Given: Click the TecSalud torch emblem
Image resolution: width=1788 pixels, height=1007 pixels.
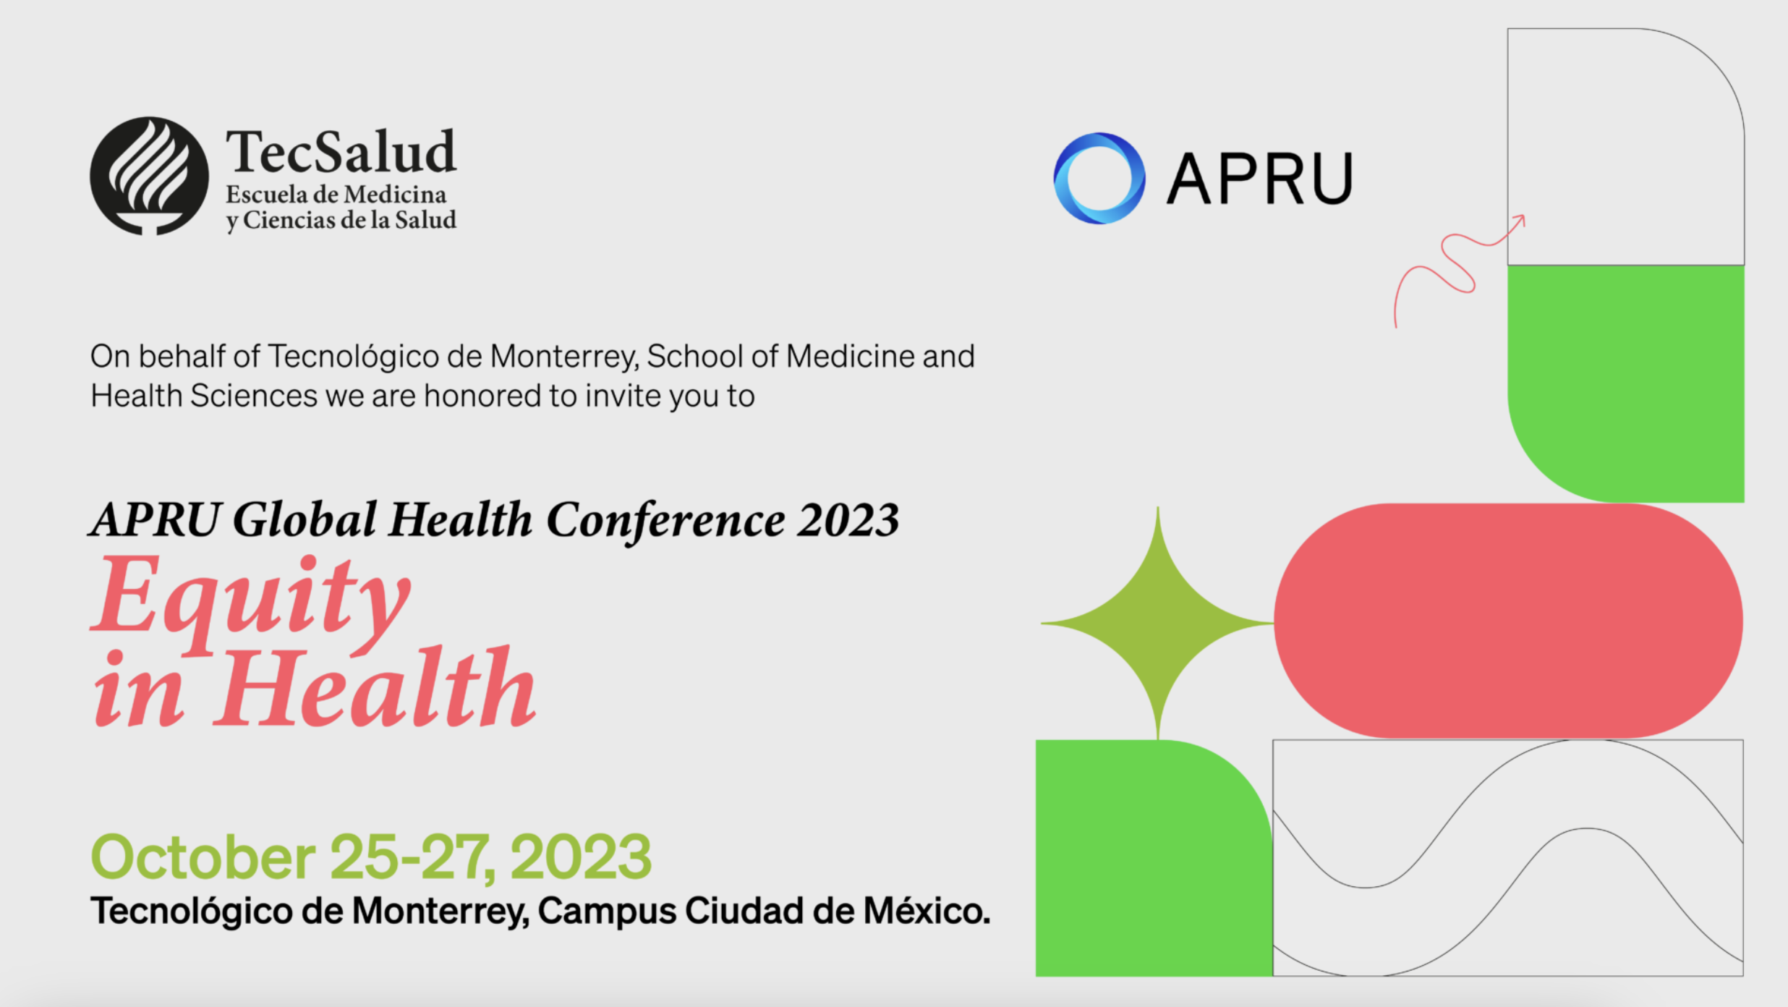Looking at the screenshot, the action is [x=149, y=176].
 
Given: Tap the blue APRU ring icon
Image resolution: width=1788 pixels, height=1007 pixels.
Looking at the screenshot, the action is [x=1099, y=178].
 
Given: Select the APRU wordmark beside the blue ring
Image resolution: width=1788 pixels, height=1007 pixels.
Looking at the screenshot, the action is [x=1259, y=179].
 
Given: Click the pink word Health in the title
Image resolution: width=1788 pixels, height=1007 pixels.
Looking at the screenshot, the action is [x=375, y=687].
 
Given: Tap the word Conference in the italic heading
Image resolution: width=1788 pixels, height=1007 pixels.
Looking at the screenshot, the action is [x=665, y=521].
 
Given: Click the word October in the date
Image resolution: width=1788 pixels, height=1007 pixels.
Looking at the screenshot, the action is [x=203, y=857].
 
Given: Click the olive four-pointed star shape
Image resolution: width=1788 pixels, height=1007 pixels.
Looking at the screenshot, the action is [x=1157, y=623].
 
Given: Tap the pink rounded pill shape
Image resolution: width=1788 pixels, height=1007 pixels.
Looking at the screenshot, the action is [x=1509, y=621].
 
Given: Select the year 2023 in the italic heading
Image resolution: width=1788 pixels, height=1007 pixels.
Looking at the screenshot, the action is [x=848, y=520].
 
